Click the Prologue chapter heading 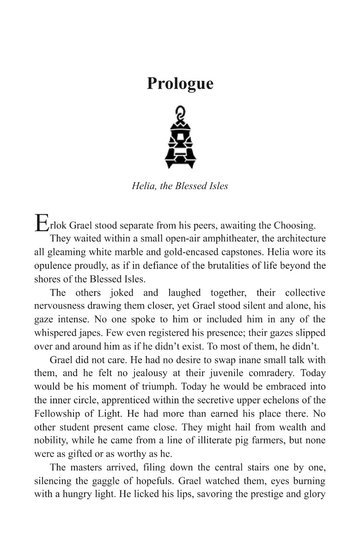coord(180,84)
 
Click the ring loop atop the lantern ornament coord(180,112)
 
